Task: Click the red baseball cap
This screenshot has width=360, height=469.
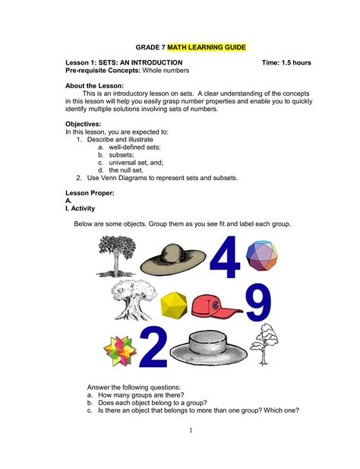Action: (x=215, y=306)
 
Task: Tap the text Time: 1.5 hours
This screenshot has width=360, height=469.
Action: (x=286, y=62)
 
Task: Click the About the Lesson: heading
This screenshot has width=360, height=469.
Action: (x=95, y=86)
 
